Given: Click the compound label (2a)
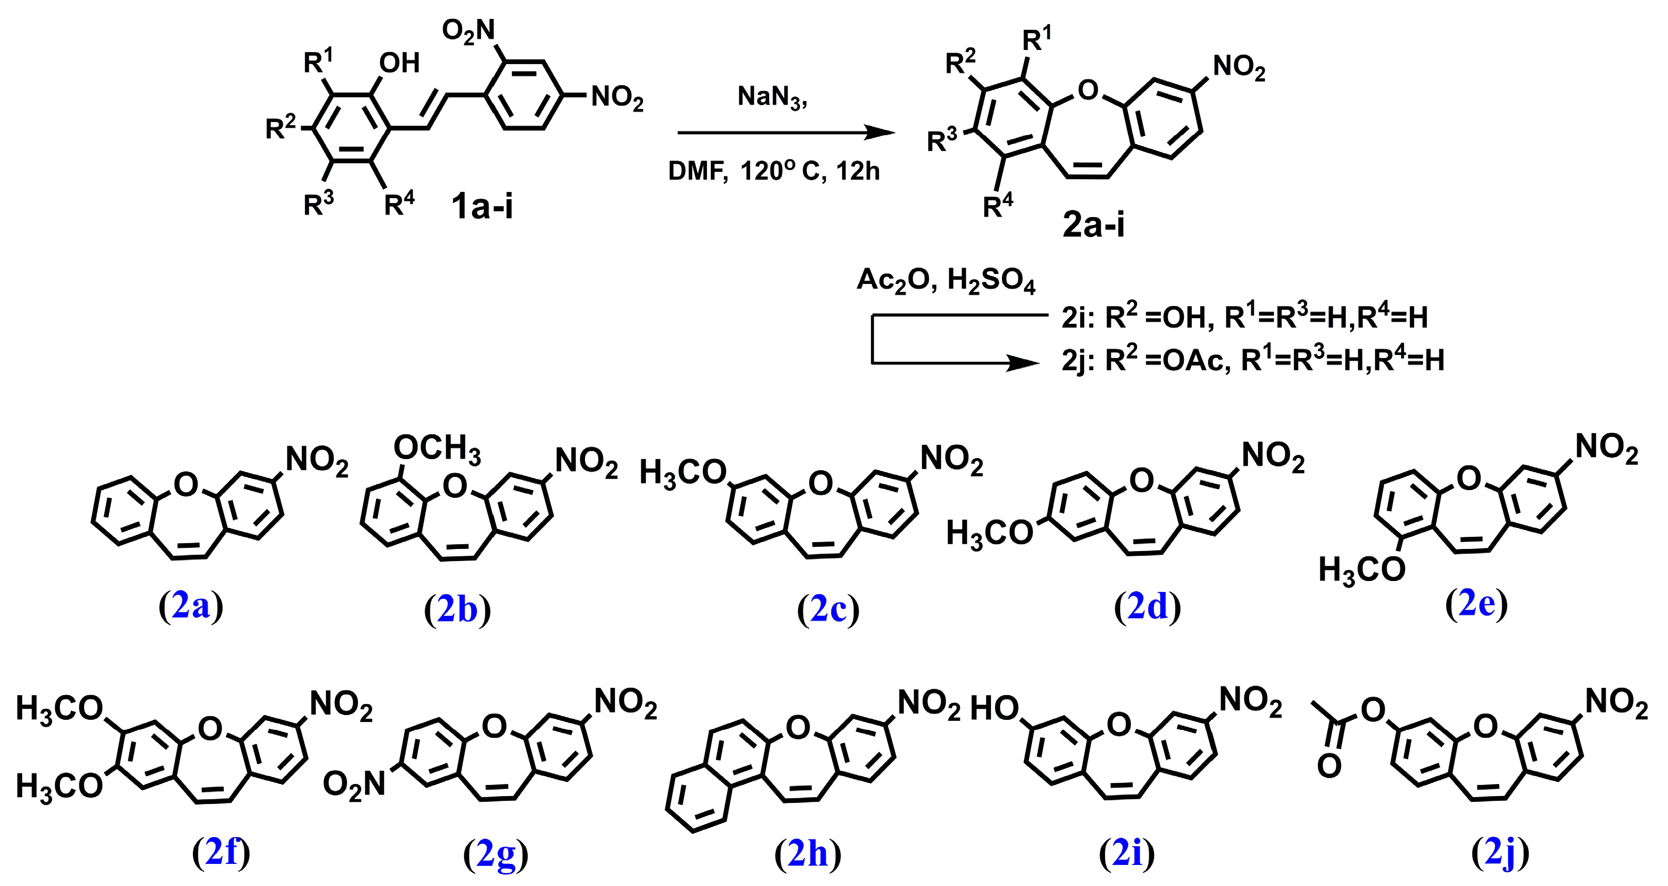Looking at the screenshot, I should [x=191, y=607].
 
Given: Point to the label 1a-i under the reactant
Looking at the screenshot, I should [x=483, y=207].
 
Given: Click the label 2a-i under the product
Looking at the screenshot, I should [x=1093, y=225].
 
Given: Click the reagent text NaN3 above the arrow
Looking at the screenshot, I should [x=772, y=97].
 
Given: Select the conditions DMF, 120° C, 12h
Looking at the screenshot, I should [x=774, y=171].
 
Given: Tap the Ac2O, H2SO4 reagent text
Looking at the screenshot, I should [x=945, y=280].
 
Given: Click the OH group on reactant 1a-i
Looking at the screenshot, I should [x=399, y=63].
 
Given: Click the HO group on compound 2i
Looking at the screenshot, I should [x=994, y=709].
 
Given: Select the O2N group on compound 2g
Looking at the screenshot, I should [x=354, y=785].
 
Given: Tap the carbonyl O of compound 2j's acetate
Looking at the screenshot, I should [x=1329, y=767].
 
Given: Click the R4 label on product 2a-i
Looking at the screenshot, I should [x=997, y=207].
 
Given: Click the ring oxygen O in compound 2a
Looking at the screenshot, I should [x=186, y=484].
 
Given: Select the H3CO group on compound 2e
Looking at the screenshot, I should [x=1362, y=571].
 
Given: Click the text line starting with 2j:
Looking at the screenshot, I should [x=1252, y=360].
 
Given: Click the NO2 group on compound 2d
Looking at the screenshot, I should [x=1272, y=456].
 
